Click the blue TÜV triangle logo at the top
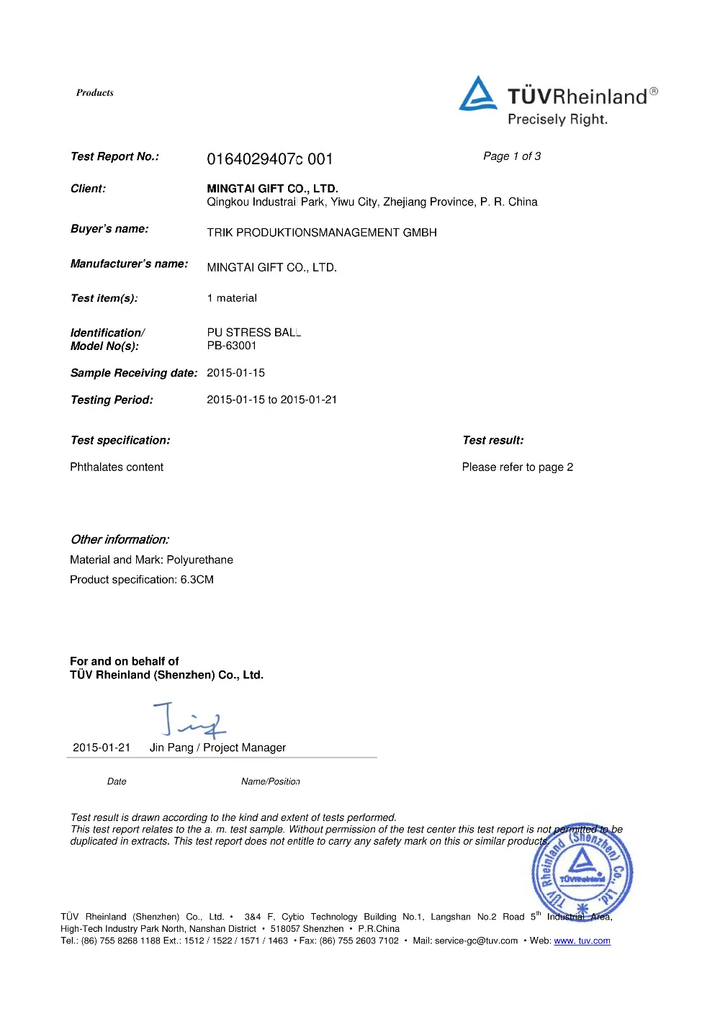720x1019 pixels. coord(477,94)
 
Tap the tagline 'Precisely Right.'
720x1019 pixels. coord(557,120)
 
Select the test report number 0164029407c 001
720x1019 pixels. coord(269,159)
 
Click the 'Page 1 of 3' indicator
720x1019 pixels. coord(512,156)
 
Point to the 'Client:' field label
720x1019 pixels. coord(88,189)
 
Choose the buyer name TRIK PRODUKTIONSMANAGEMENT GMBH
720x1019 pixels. coord(322,233)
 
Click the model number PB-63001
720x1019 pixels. coord(232,346)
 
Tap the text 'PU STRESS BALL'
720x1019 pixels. coord(253,332)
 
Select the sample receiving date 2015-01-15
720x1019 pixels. coord(235,373)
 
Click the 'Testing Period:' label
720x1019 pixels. coord(112,400)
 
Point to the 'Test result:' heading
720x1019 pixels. coord(492,440)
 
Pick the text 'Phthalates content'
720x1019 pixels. coord(117,467)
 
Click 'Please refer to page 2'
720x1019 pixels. coord(517,467)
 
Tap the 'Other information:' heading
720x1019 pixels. coord(120,539)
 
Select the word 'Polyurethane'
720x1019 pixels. coord(199,560)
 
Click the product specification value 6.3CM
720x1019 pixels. coord(197,580)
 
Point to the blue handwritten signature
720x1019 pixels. coord(189,719)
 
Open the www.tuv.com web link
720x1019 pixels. coord(582,941)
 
